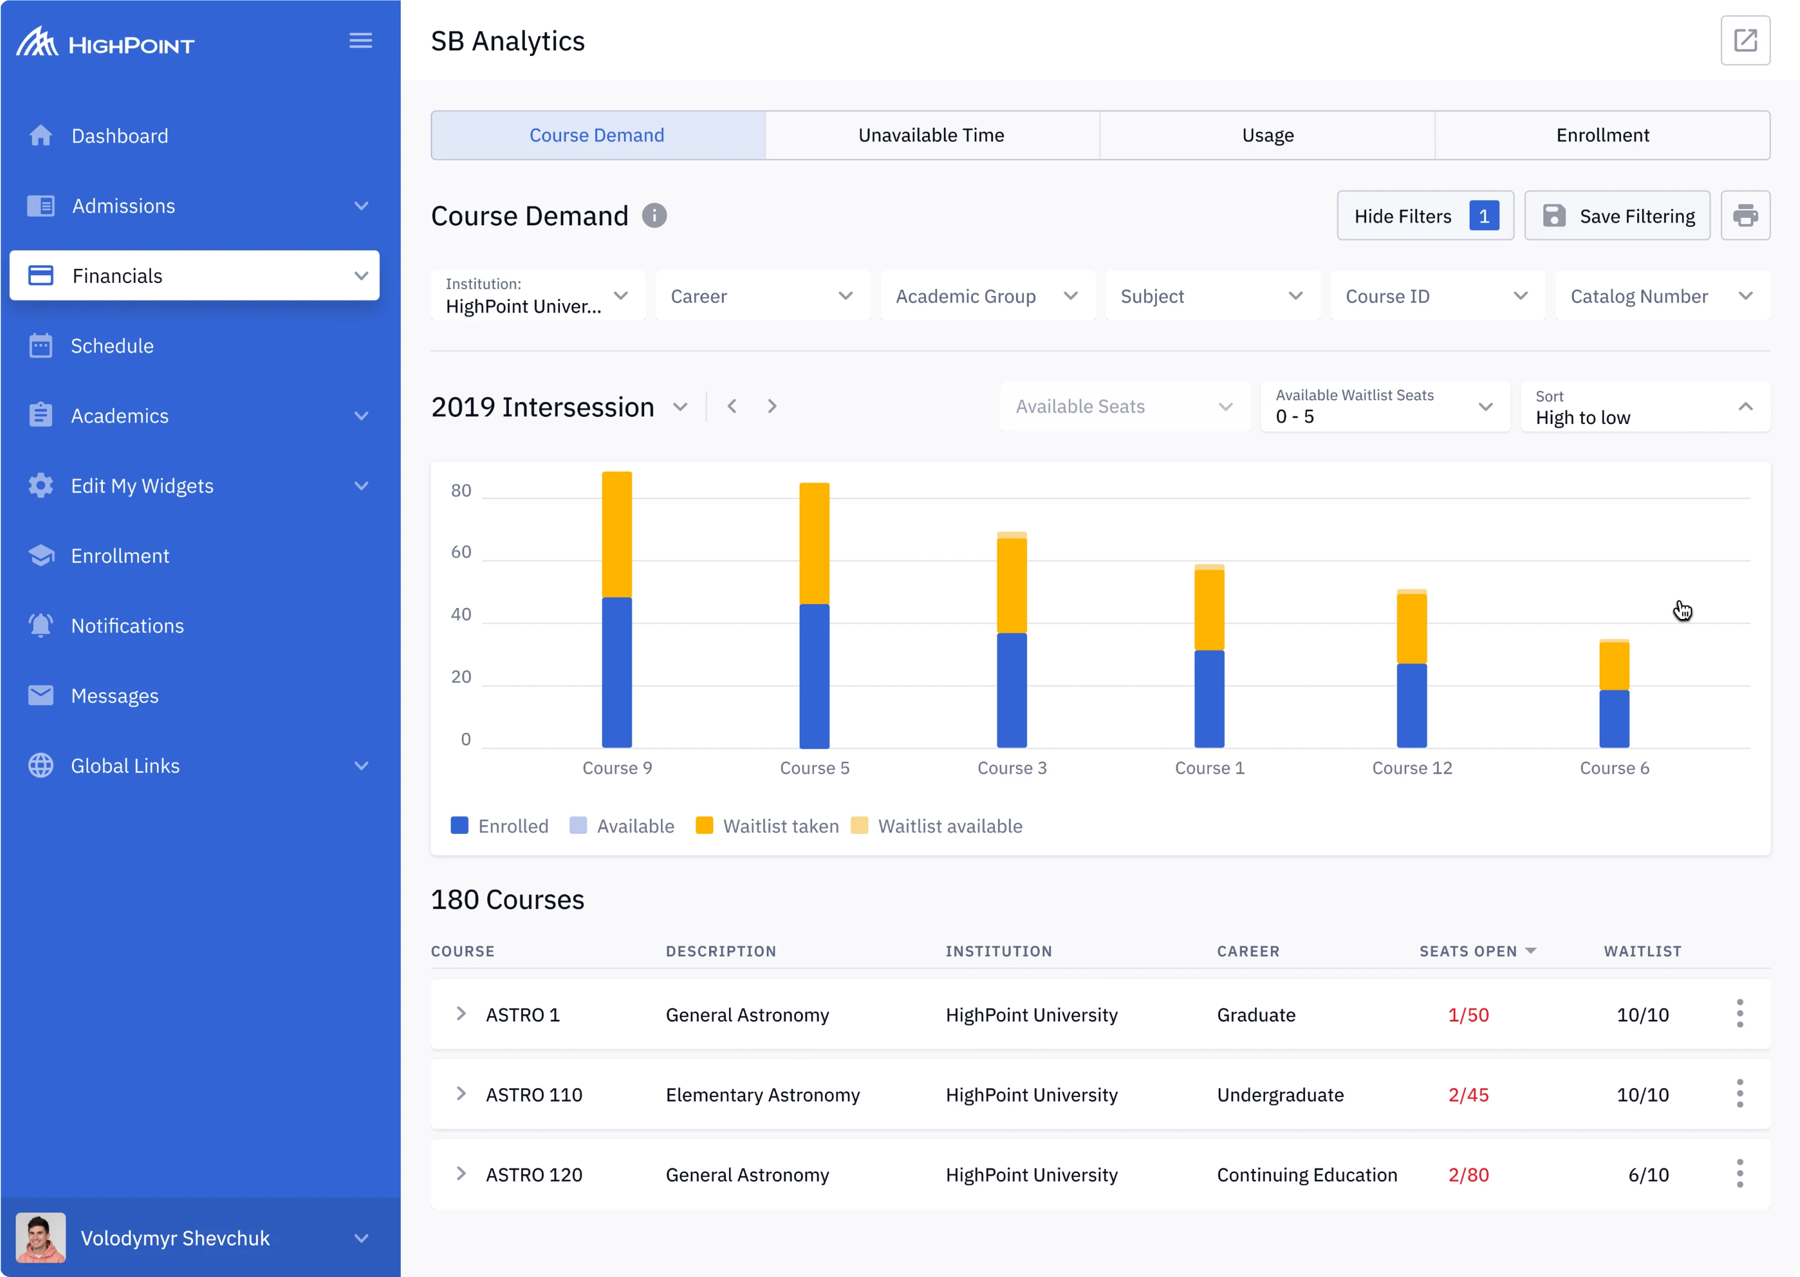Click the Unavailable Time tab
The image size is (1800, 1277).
click(x=931, y=135)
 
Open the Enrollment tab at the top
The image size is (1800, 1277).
click(x=1602, y=135)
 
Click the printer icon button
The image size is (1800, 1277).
click(x=1744, y=215)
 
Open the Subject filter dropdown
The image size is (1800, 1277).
click(x=1211, y=296)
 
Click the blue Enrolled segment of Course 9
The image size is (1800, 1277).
click(x=616, y=672)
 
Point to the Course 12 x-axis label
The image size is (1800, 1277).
click(x=1411, y=768)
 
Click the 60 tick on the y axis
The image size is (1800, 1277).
click(x=461, y=552)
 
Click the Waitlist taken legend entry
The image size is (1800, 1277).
click(x=767, y=826)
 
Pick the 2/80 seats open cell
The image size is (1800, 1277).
click(x=1467, y=1175)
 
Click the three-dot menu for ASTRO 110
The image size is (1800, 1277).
click(x=1740, y=1094)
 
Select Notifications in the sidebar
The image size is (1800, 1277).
click(x=127, y=626)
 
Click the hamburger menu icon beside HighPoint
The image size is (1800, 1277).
click(x=360, y=41)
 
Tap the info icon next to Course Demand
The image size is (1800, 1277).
click(x=653, y=215)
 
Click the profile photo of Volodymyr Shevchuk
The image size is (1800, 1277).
click(x=41, y=1237)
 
